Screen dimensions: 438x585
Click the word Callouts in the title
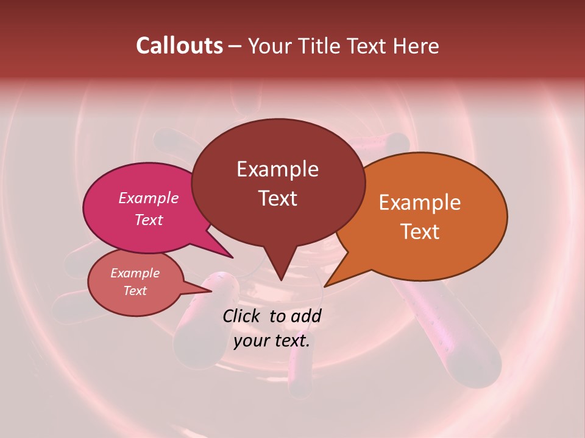click(x=180, y=46)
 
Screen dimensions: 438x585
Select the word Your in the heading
click(x=271, y=46)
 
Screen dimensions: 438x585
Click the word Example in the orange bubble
click(x=420, y=203)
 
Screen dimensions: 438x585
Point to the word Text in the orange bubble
click(x=420, y=232)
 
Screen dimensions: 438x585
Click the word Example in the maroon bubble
click(x=277, y=169)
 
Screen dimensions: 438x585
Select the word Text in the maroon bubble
click(x=278, y=198)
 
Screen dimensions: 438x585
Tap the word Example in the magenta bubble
click(x=149, y=198)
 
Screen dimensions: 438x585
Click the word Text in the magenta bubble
click(x=149, y=220)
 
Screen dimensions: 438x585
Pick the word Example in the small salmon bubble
click(x=135, y=273)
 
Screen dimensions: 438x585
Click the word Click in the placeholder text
click(x=243, y=316)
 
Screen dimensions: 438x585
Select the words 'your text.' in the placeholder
click(x=272, y=341)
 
